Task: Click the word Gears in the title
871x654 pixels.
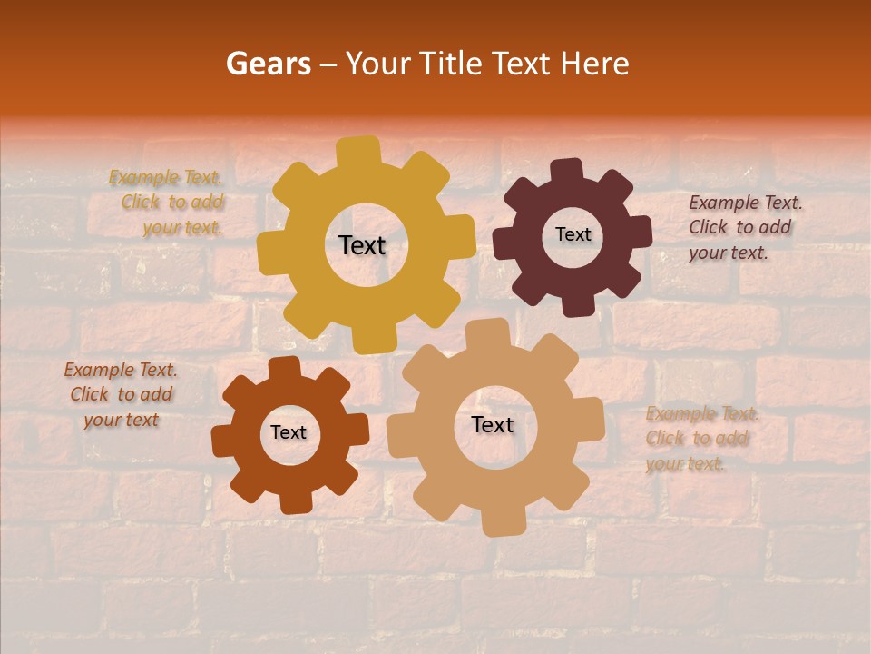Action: click(268, 64)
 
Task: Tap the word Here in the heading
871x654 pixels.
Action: click(594, 64)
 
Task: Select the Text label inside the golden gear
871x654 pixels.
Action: click(362, 245)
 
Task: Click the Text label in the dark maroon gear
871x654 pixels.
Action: click(573, 234)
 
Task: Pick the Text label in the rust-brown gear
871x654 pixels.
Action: click(289, 432)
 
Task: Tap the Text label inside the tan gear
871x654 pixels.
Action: click(493, 424)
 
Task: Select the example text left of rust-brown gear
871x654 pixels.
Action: click(121, 394)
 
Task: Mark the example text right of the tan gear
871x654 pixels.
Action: click(699, 439)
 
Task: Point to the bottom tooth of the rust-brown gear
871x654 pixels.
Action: click(295, 501)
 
